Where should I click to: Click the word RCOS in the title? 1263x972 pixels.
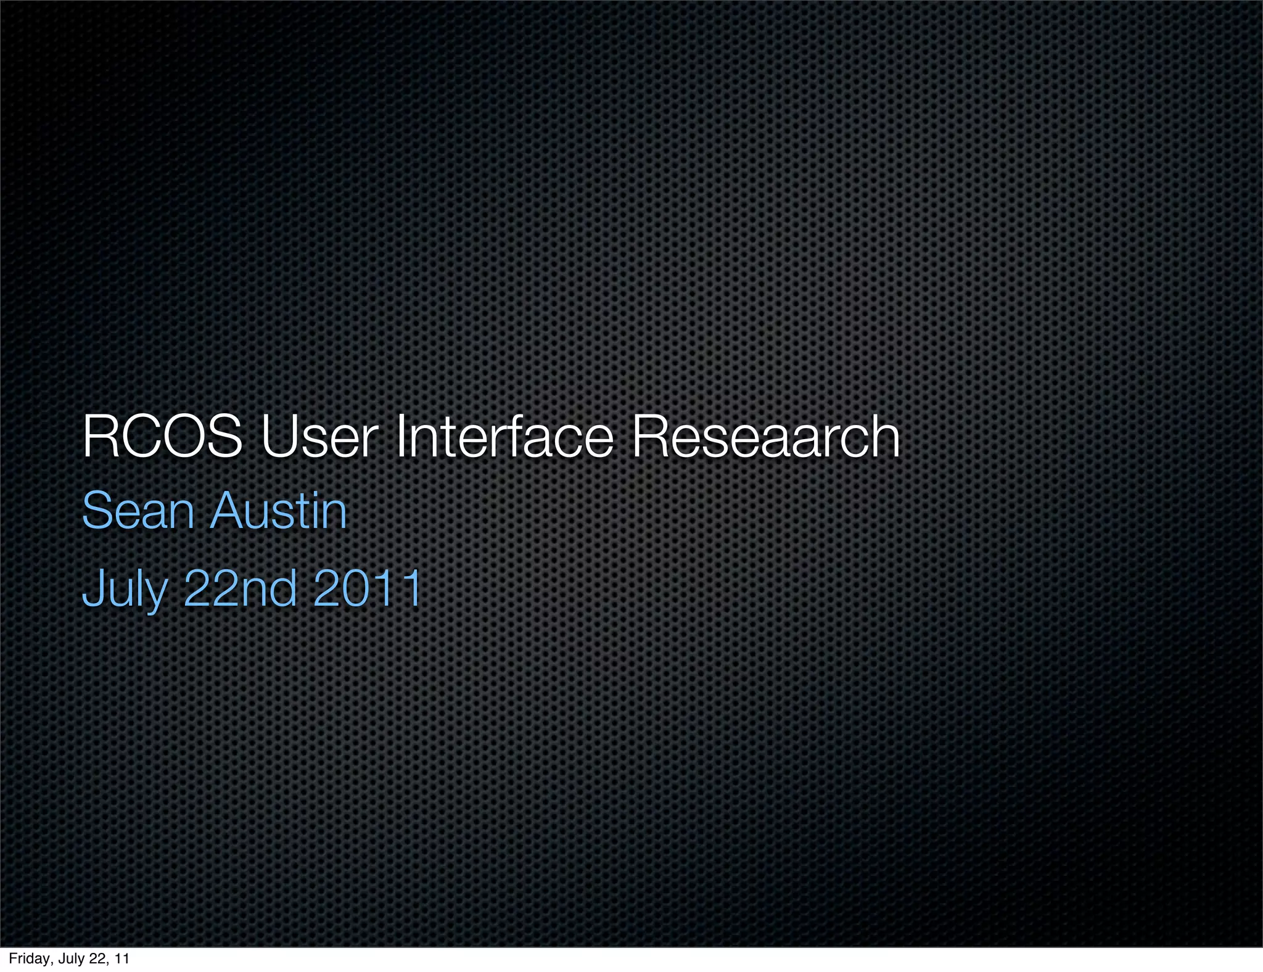coord(162,437)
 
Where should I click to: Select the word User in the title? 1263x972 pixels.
coord(318,437)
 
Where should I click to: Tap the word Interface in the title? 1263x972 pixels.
coord(504,437)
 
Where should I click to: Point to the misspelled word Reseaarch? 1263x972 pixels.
coord(765,437)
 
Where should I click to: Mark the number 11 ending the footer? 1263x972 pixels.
coord(122,958)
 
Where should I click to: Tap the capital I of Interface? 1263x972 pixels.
coord(400,437)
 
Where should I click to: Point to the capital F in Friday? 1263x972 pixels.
coord(12,958)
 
